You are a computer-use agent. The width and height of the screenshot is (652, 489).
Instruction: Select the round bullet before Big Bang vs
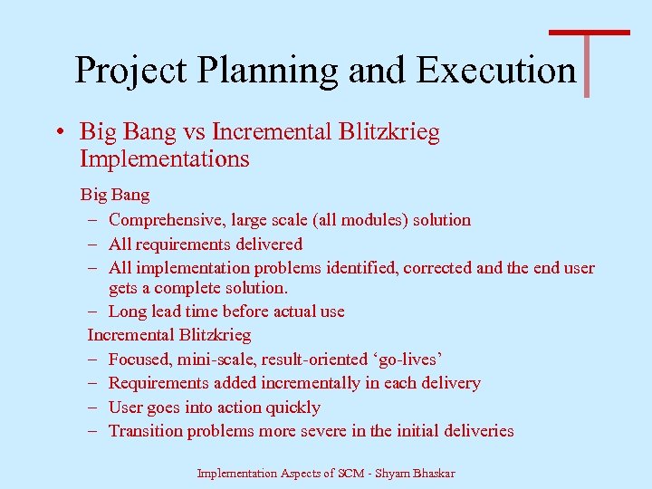(58, 133)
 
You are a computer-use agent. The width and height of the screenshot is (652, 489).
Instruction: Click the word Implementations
(164, 159)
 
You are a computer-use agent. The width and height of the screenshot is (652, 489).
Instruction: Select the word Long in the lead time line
(127, 312)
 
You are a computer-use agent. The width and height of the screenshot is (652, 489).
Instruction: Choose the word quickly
(290, 407)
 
